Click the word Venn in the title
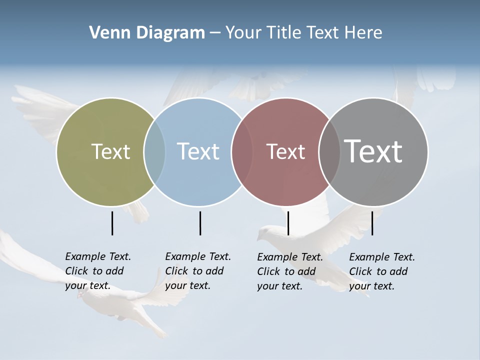point(105,33)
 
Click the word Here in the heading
point(363,33)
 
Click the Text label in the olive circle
point(110,151)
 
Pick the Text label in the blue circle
point(198,151)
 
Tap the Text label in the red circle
point(285,151)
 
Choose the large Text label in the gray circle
point(373,151)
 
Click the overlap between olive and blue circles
point(154,151)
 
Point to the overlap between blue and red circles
point(241,151)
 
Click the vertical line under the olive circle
point(112,223)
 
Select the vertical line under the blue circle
point(200,223)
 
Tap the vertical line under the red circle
point(288,223)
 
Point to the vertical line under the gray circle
point(372,223)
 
